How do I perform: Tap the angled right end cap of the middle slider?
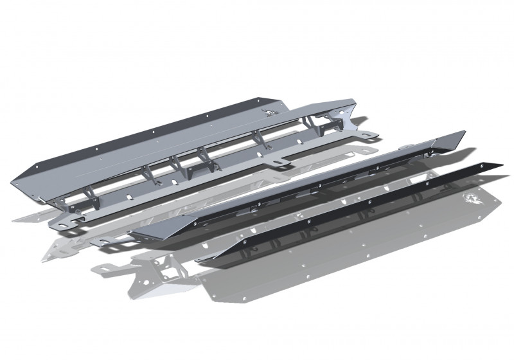click(x=450, y=141)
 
